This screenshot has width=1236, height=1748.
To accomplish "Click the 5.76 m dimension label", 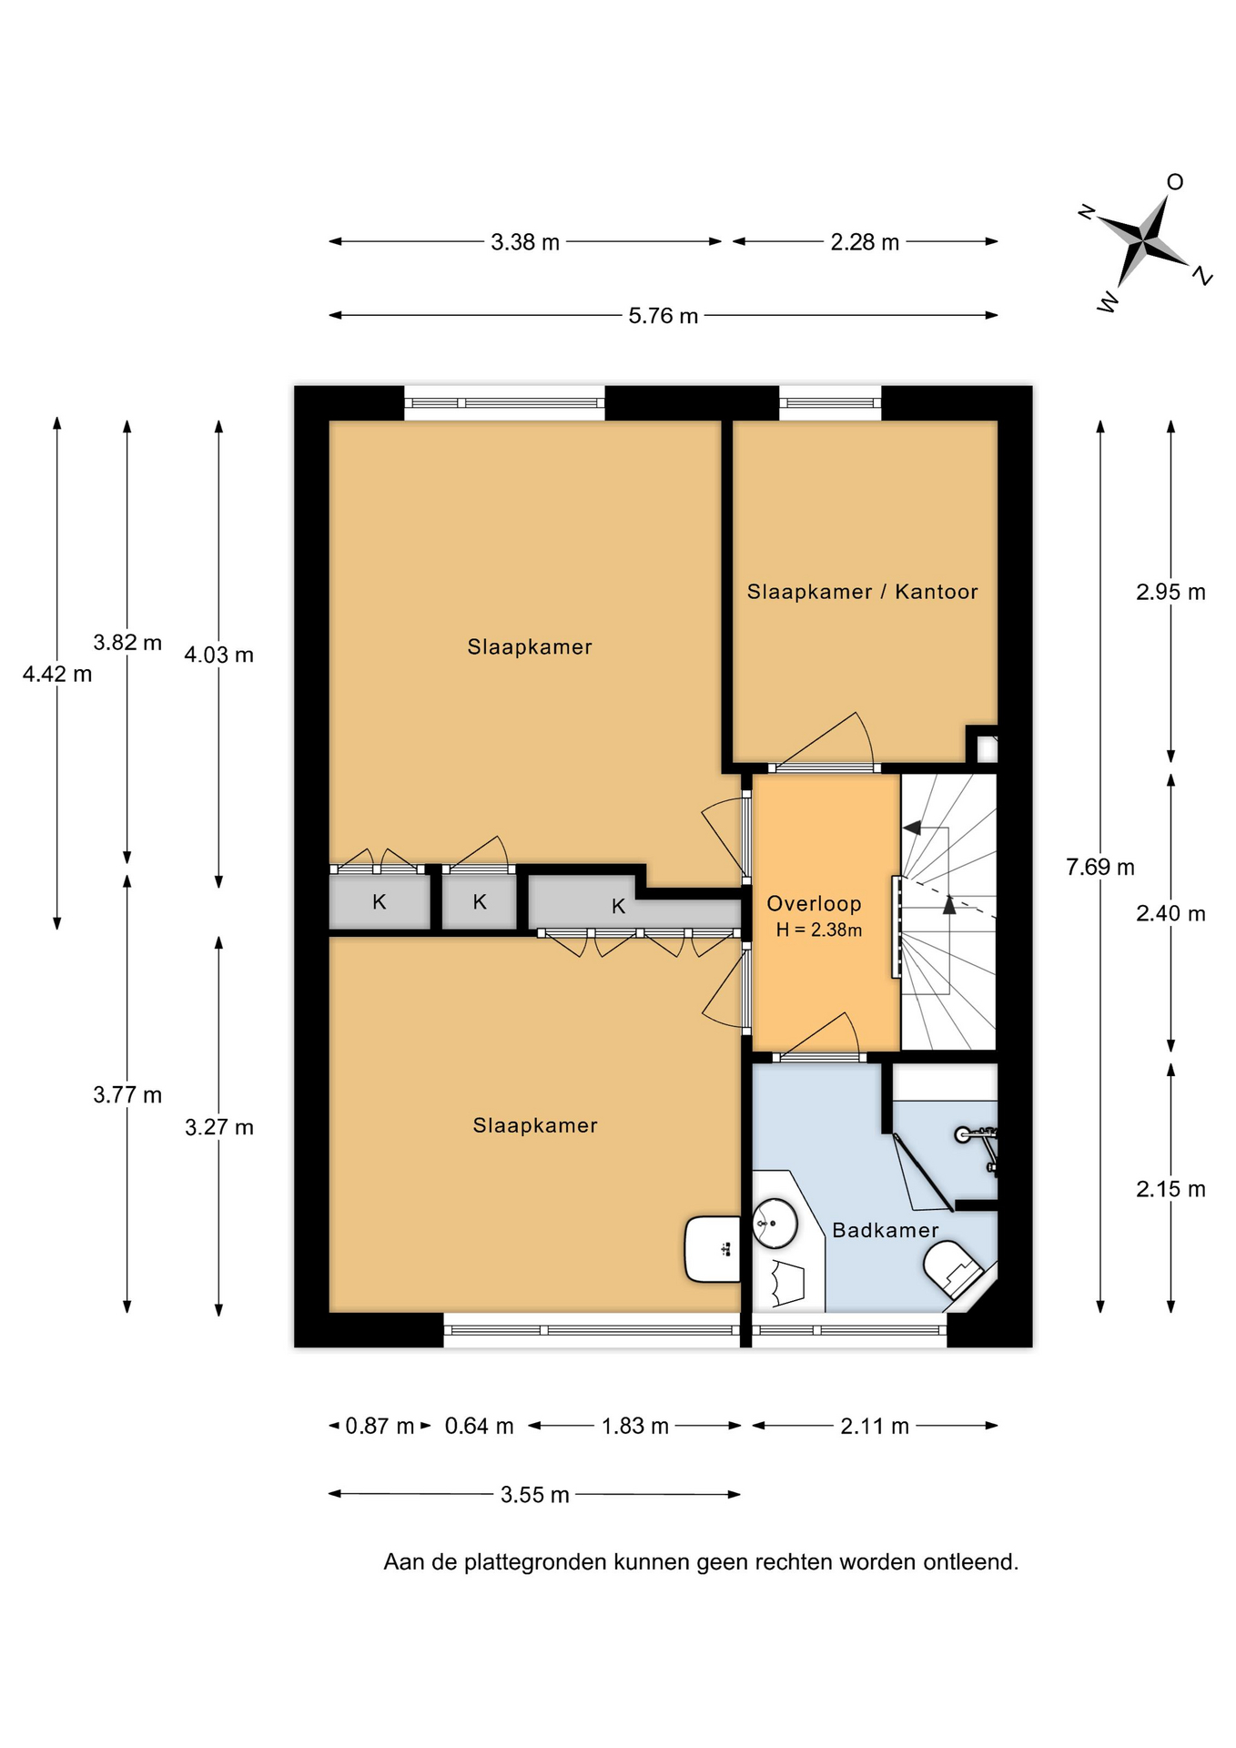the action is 663,316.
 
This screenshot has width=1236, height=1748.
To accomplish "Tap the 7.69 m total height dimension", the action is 1100,867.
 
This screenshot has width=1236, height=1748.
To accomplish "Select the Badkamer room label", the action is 886,1231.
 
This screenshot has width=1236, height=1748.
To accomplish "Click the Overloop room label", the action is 814,904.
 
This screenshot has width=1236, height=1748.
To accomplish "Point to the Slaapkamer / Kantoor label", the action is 862,592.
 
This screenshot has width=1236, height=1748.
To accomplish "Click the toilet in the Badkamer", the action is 954,1269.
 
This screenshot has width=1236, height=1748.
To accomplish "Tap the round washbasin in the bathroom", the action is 775,1223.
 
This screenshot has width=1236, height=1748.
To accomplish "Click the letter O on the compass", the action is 1175,182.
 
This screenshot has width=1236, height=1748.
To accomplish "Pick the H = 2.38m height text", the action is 818,930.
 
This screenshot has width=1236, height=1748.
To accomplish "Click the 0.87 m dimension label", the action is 380,1426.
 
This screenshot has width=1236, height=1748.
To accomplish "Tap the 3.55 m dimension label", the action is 535,1495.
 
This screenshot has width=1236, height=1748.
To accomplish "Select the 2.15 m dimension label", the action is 1170,1189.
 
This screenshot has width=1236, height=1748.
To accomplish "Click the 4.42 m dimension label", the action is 57,675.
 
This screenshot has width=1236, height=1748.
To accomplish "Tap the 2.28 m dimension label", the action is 865,242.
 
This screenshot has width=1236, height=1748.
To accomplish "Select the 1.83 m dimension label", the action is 635,1426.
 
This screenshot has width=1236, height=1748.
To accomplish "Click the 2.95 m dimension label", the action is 1170,593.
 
